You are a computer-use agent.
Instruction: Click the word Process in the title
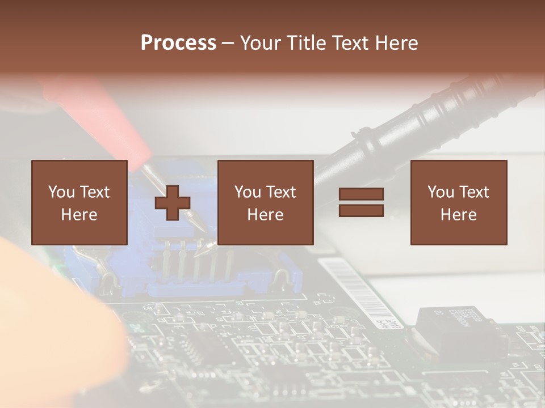pos(178,43)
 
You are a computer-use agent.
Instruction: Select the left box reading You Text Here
pos(79,202)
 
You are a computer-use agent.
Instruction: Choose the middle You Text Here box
pos(266,202)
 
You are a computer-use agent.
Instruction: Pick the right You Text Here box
pos(459,202)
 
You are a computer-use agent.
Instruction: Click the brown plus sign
pos(173,203)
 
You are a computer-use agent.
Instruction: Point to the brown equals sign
pos(361,202)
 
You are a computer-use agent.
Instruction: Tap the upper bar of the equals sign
pos(361,194)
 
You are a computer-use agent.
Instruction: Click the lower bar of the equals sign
pos(361,211)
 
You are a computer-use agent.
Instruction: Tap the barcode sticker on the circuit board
pos(363,295)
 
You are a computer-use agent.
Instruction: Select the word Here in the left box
pos(79,215)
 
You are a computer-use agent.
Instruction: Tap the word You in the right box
pos(441,192)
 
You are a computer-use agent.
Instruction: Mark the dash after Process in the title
pos(228,43)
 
